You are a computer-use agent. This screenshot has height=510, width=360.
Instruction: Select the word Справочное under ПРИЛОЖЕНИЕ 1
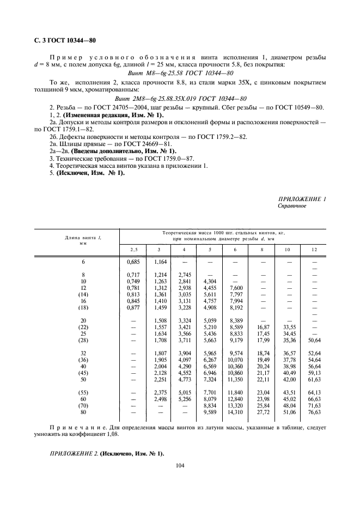pyautogui.click(x=292, y=207)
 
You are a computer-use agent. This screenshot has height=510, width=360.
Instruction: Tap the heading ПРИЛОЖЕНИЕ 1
pyautogui.click(x=301, y=200)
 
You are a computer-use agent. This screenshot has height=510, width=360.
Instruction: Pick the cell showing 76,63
pyautogui.click(x=314, y=414)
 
